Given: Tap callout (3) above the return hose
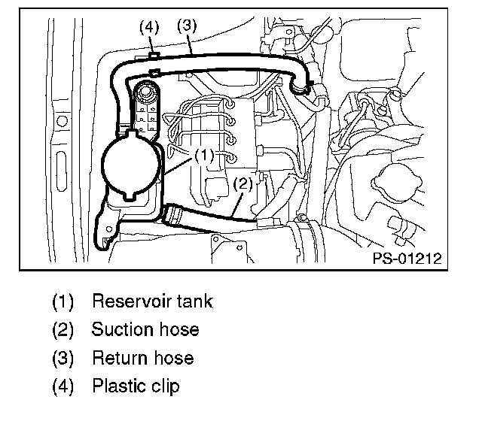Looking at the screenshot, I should pos(187,24).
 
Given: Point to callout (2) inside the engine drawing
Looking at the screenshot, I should pos(242,183).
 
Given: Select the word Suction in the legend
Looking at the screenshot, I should pos(124,330).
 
